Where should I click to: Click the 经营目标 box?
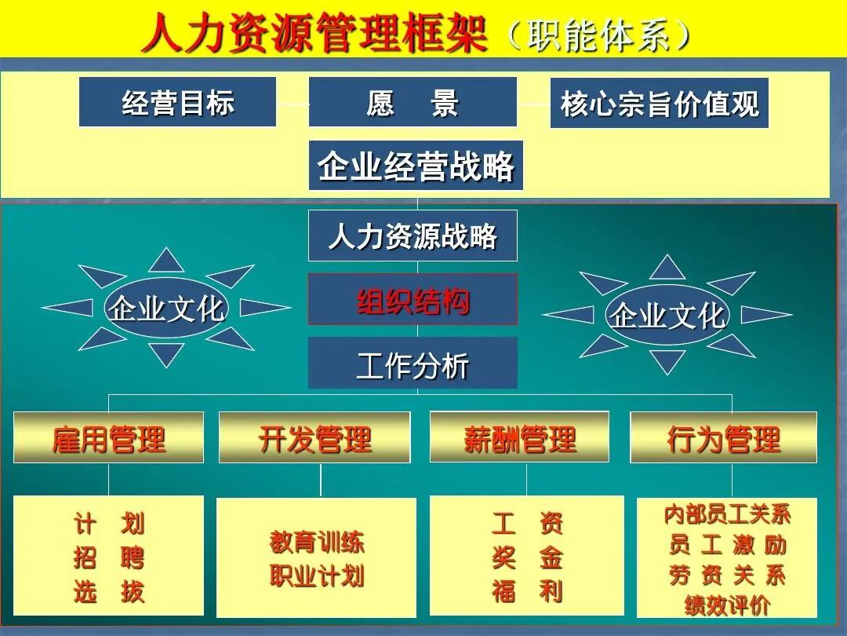178,102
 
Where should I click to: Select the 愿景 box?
413,102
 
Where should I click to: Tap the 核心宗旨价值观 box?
659,104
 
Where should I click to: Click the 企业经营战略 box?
416,166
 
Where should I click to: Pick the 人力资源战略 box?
413,236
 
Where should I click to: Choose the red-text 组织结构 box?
413,299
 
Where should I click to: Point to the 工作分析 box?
413,363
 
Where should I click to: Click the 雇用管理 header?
108,437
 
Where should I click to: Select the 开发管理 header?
314,437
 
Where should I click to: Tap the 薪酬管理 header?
520,437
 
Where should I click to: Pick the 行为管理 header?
724,437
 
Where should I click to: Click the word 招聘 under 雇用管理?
108,557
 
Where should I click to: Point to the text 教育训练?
317,542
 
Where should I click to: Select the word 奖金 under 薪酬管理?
527,557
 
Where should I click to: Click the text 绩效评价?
727,605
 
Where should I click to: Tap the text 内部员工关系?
727,514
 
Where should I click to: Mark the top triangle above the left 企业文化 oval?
166,260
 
